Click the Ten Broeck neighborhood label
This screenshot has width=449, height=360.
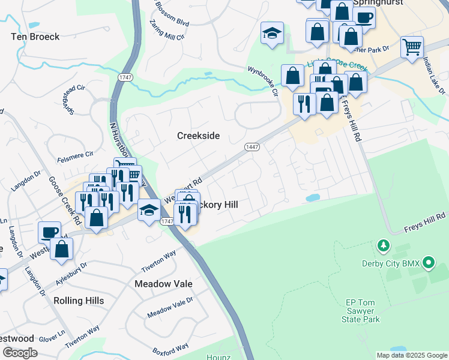click(35, 37)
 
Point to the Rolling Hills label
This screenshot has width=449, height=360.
click(79, 300)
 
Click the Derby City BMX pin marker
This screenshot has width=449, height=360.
click(428, 263)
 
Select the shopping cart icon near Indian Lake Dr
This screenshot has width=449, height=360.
click(412, 46)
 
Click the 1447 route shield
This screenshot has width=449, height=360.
click(252, 147)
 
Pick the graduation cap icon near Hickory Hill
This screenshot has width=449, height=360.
click(148, 210)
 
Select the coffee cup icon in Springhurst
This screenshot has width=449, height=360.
click(364, 16)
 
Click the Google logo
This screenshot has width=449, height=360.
click(20, 353)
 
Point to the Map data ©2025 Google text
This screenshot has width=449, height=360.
click(412, 355)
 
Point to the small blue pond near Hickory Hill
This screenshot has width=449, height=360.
click(313, 197)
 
